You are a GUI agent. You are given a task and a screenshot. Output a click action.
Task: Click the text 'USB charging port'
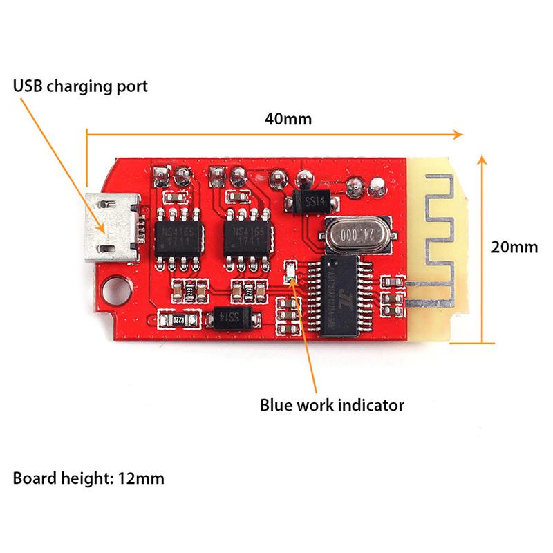(80, 88)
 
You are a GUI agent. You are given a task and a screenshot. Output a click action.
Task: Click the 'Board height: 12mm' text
(88, 477)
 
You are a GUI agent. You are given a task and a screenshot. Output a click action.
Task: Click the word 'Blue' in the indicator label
(274, 404)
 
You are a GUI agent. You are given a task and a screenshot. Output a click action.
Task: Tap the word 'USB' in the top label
(28, 88)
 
